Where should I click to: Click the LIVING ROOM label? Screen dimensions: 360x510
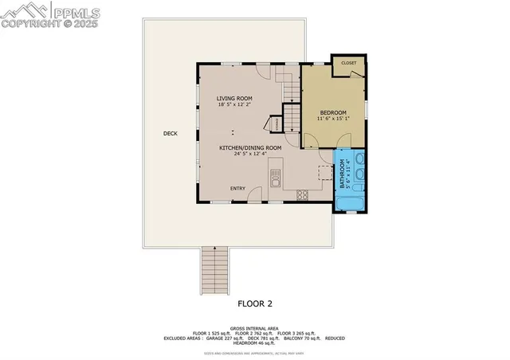pos(234,98)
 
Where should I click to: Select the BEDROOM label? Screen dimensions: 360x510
pos(333,113)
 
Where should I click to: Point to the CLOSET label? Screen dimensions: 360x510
pos(348,62)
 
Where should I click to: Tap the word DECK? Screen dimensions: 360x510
pos(170,133)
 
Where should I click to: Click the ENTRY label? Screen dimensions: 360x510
pos(237,188)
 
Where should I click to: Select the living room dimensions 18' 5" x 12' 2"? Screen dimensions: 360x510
pos(234,105)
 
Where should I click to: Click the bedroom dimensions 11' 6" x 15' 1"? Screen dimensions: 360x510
pos(333,120)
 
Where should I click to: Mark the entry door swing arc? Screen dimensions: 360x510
pos(255,194)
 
